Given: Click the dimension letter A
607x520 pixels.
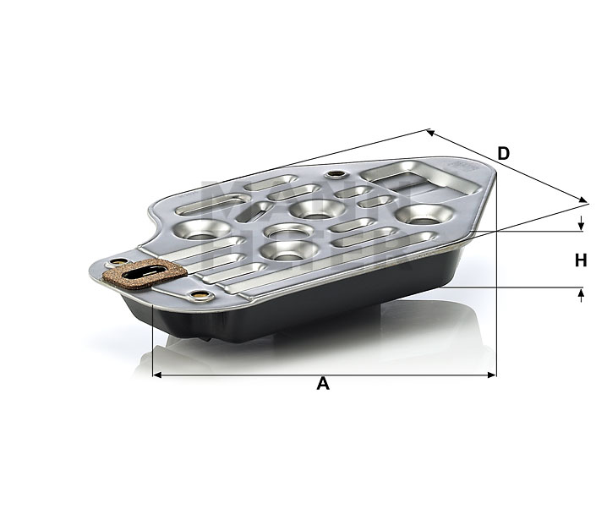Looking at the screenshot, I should [x=322, y=385].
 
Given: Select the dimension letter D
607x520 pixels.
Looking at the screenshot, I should [x=503, y=153].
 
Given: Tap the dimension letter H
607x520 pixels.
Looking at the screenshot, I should [x=581, y=261].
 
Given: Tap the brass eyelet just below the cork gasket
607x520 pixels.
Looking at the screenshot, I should [x=200, y=295].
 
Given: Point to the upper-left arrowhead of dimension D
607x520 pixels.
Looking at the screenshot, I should [x=431, y=132].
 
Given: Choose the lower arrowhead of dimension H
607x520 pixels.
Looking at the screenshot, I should [x=582, y=293].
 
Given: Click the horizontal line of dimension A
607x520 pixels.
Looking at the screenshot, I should [x=254, y=375].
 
